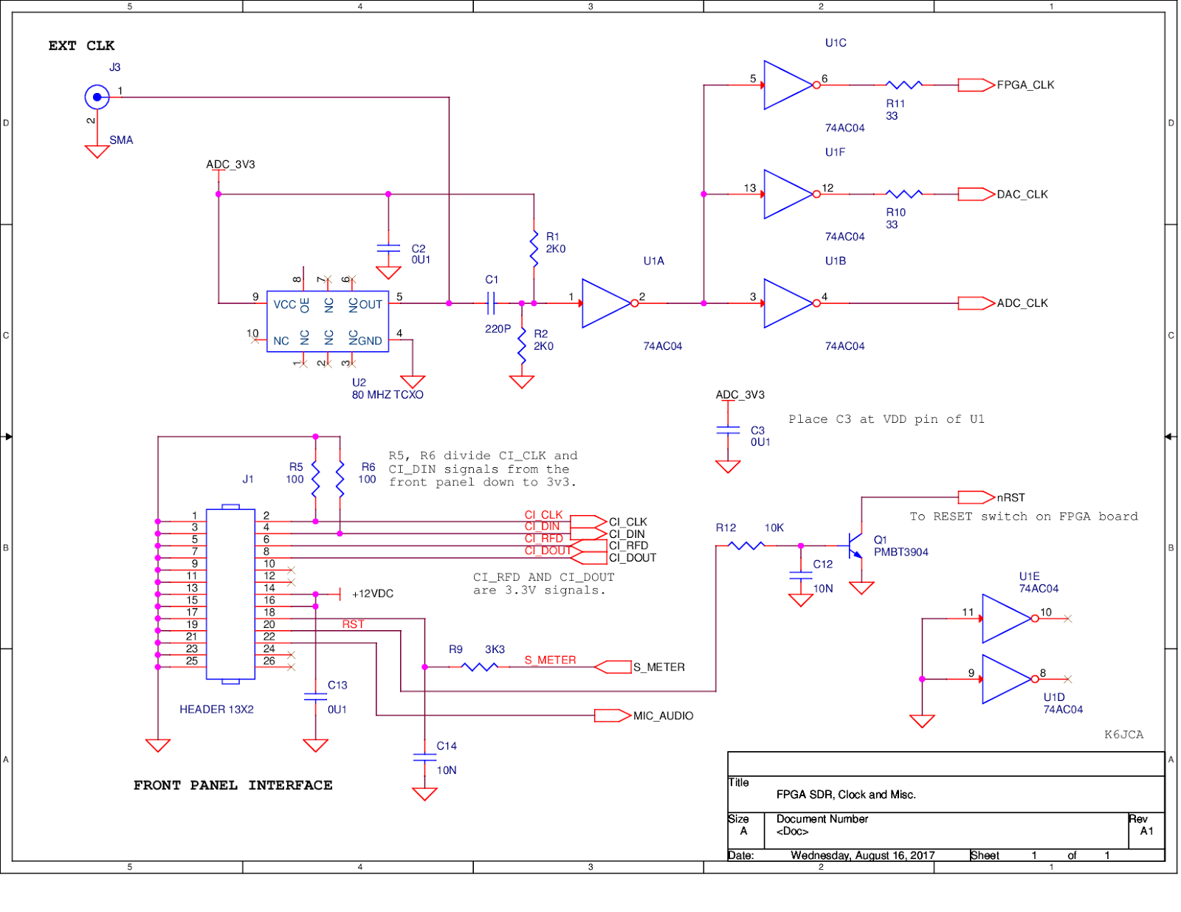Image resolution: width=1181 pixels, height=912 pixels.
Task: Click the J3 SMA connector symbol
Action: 97,97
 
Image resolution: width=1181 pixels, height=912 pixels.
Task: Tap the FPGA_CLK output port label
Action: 1025,85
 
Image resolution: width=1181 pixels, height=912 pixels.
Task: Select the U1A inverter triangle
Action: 605,303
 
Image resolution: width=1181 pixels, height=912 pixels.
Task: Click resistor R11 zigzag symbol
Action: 903,85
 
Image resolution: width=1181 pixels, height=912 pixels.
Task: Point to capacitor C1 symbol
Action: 491,303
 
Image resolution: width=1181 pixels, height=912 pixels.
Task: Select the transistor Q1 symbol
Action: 856,545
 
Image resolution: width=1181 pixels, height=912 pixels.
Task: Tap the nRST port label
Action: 1010,497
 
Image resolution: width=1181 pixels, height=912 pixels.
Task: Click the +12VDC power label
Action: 372,594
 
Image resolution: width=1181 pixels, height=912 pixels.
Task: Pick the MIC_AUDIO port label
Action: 663,716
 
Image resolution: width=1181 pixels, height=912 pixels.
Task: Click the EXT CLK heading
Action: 81,46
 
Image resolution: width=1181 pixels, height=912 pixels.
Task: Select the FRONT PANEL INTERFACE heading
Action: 233,785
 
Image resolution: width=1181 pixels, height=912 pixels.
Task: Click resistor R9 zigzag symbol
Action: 479,667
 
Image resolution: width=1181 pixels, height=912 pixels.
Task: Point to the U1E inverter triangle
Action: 1005,618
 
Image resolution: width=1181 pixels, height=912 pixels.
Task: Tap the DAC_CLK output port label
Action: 1022,194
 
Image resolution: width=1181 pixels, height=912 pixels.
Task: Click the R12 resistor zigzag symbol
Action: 746,545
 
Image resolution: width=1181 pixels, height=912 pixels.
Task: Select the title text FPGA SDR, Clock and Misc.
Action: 845,795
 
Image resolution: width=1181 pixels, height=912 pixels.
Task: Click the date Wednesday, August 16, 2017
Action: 862,855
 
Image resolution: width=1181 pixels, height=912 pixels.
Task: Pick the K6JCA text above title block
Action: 1123,734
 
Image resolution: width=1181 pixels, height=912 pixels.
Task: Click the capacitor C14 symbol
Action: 424,757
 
